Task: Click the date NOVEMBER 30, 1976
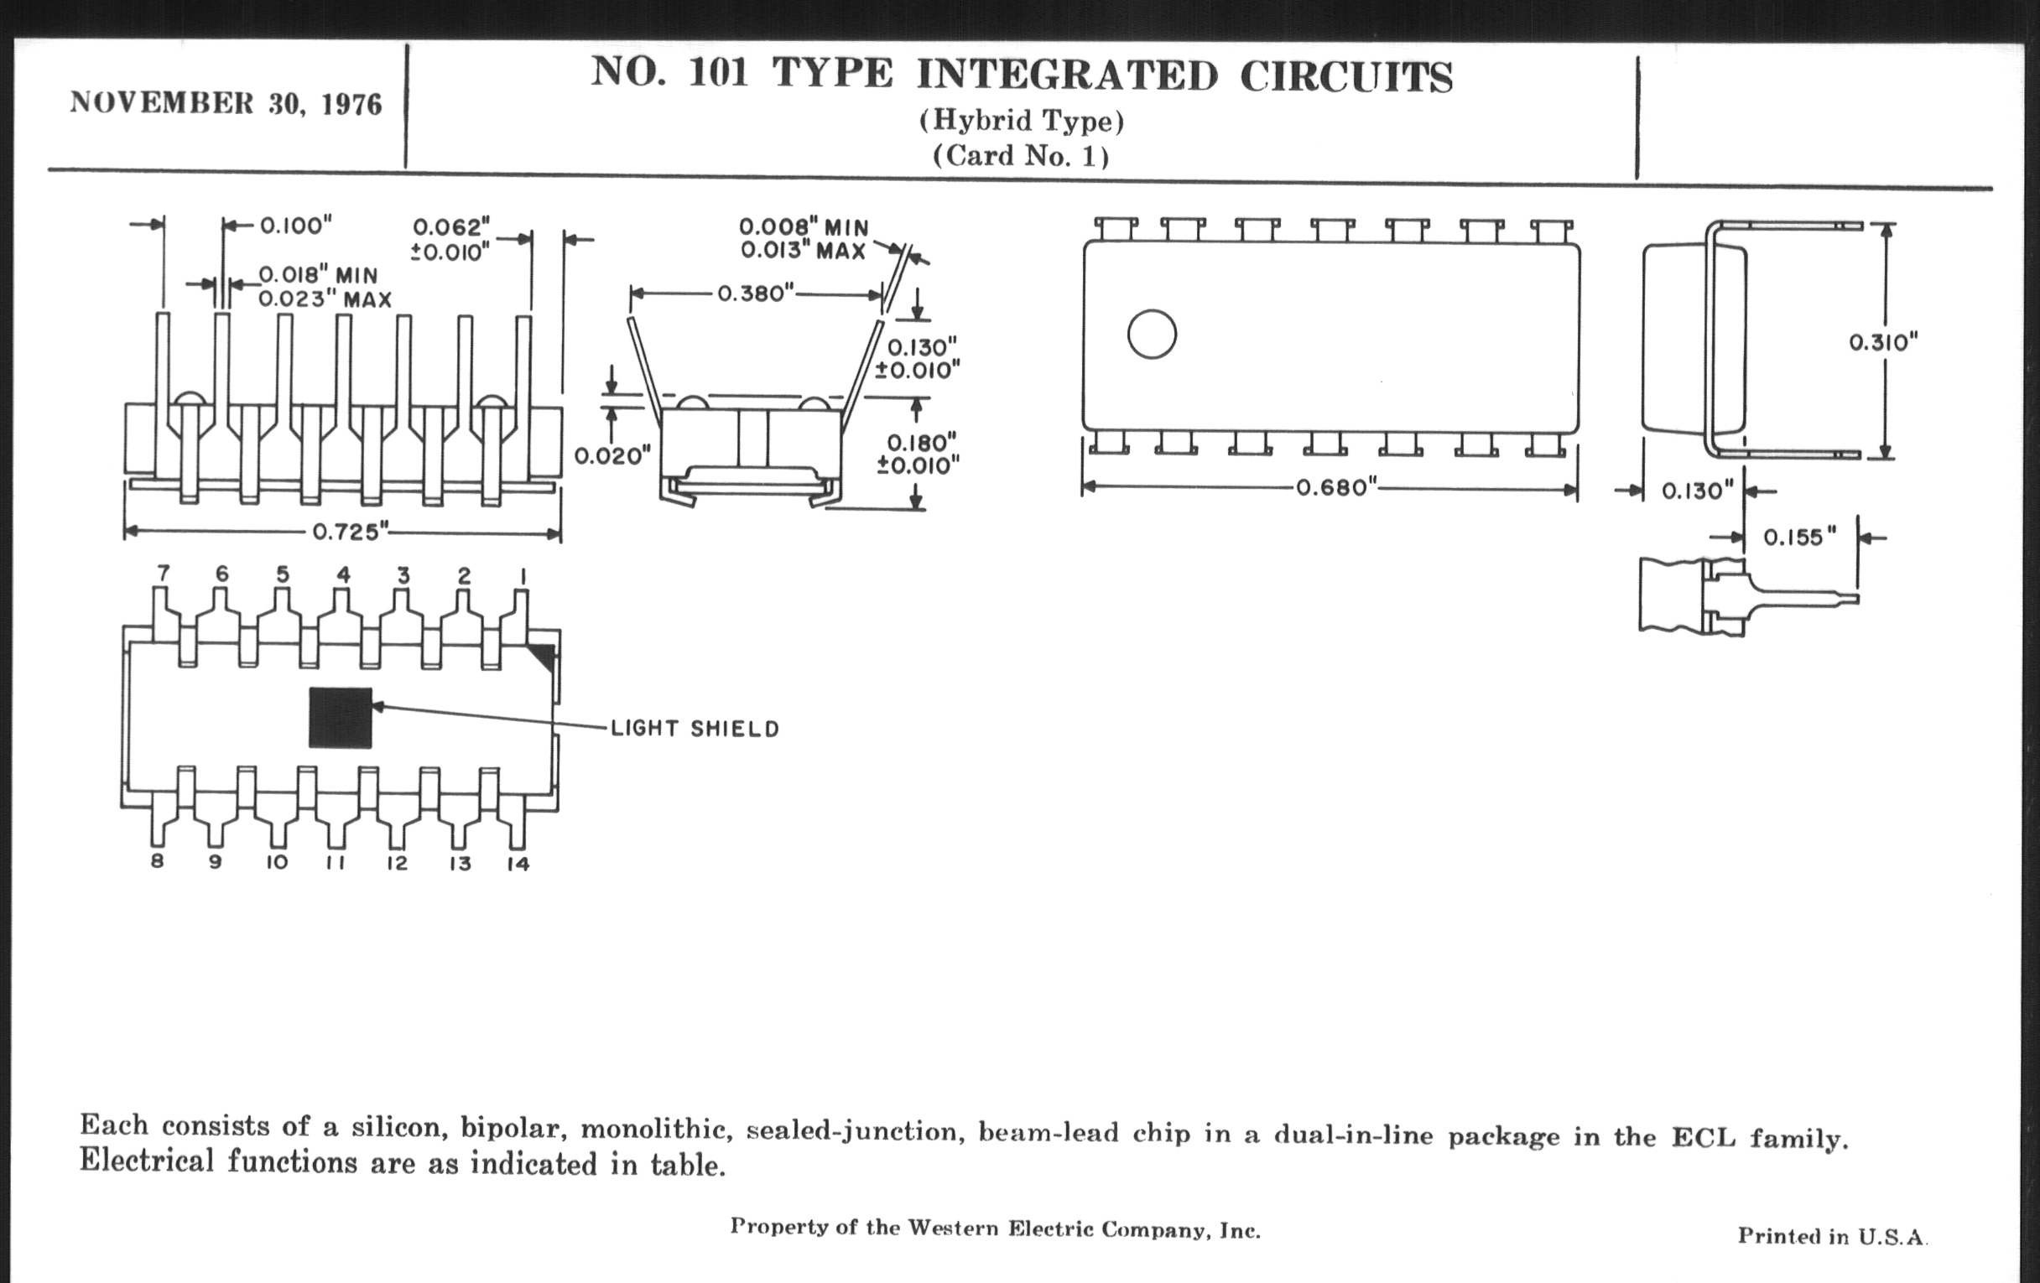[226, 103]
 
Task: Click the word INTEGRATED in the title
[1067, 75]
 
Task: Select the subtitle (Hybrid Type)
[1022, 121]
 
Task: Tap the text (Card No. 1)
[1021, 156]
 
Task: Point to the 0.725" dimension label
[350, 532]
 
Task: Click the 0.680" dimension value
[1332, 488]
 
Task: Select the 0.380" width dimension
[755, 293]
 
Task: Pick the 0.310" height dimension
[1882, 342]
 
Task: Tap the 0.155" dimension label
[1799, 537]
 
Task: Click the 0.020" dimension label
[611, 456]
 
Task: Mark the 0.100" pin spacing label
[294, 226]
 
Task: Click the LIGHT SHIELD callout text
[695, 729]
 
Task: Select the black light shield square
[340, 717]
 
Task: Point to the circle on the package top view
[1152, 335]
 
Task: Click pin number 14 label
[518, 864]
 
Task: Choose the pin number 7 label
[163, 574]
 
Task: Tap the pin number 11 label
[336, 863]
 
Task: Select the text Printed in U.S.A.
[1832, 1236]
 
